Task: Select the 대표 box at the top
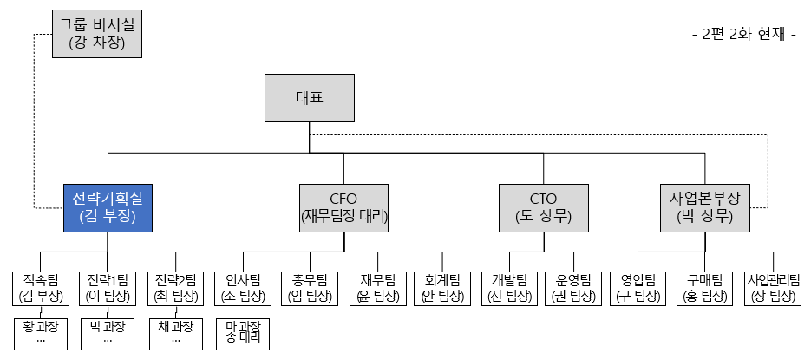point(311,97)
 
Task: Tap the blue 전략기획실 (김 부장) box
point(108,208)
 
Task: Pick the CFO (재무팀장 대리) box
point(343,208)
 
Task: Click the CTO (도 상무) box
point(543,208)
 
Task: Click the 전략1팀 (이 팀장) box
point(108,289)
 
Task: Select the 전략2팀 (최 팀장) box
point(177,289)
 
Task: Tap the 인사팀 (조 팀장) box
point(243,289)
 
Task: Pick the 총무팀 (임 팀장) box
point(310,289)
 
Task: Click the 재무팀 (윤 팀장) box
point(377,289)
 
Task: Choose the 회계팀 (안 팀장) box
point(444,289)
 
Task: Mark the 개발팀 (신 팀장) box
point(510,289)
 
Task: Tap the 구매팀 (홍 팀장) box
point(704,289)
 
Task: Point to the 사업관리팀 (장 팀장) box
point(773,289)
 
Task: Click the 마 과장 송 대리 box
point(243,335)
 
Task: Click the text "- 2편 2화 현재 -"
point(743,35)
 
